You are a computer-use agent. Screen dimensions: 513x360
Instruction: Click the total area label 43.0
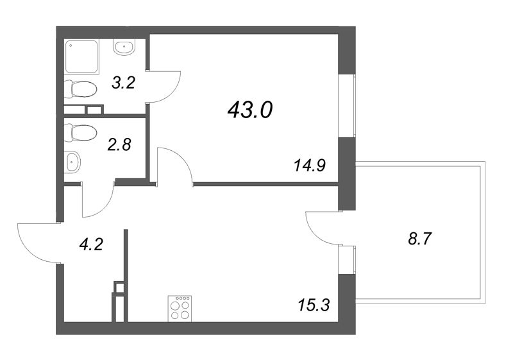(x=250, y=109)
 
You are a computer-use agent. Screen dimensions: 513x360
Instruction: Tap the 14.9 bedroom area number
(x=310, y=166)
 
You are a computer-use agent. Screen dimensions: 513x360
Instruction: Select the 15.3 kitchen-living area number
(x=314, y=305)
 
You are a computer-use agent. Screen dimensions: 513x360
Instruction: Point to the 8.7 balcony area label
(x=420, y=239)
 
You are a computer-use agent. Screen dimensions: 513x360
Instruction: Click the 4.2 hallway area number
(x=91, y=244)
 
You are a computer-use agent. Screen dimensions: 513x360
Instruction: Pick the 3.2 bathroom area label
(x=123, y=83)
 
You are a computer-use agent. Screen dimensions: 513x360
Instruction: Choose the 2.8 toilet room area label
(x=119, y=144)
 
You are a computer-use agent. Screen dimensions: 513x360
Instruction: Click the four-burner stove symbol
(x=180, y=308)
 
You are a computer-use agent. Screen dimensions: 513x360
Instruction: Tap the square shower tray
(x=81, y=56)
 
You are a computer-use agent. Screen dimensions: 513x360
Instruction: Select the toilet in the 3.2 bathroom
(x=80, y=89)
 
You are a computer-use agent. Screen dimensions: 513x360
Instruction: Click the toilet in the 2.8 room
(x=80, y=133)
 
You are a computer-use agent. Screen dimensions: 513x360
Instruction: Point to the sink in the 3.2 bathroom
(x=124, y=47)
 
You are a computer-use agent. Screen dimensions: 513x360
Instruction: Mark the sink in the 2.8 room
(x=72, y=162)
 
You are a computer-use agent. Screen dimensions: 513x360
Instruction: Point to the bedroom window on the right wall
(x=347, y=106)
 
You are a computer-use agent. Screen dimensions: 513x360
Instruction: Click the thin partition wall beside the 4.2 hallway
(x=126, y=275)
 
